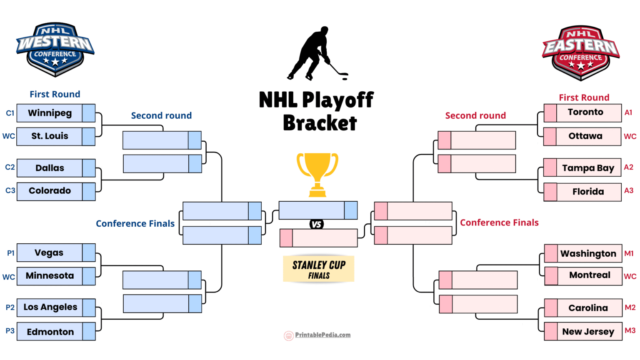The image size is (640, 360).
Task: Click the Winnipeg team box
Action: coord(50,113)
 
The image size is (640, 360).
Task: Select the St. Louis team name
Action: coord(50,136)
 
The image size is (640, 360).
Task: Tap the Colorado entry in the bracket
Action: coord(50,191)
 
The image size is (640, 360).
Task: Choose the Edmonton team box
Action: coord(50,332)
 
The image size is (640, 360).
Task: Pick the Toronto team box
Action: coord(585,112)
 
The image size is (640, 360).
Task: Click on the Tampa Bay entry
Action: coord(588,168)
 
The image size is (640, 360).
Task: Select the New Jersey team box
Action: coord(588,332)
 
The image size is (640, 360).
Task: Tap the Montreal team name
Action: coord(590,275)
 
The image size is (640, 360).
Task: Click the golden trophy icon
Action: coord(317,174)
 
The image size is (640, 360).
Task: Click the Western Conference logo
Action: coord(55,49)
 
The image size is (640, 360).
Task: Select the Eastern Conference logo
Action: coord(580,52)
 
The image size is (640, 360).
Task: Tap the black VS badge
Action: coord(317,224)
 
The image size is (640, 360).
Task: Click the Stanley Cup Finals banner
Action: coord(319,269)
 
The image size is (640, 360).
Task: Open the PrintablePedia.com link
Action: coord(322,335)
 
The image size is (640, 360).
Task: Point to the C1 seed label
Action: coord(10,113)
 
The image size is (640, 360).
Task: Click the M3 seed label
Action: coord(630,330)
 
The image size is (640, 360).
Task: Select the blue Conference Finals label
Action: coord(135,224)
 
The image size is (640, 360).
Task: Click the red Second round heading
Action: coord(475,116)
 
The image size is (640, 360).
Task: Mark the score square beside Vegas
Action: coord(89,252)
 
